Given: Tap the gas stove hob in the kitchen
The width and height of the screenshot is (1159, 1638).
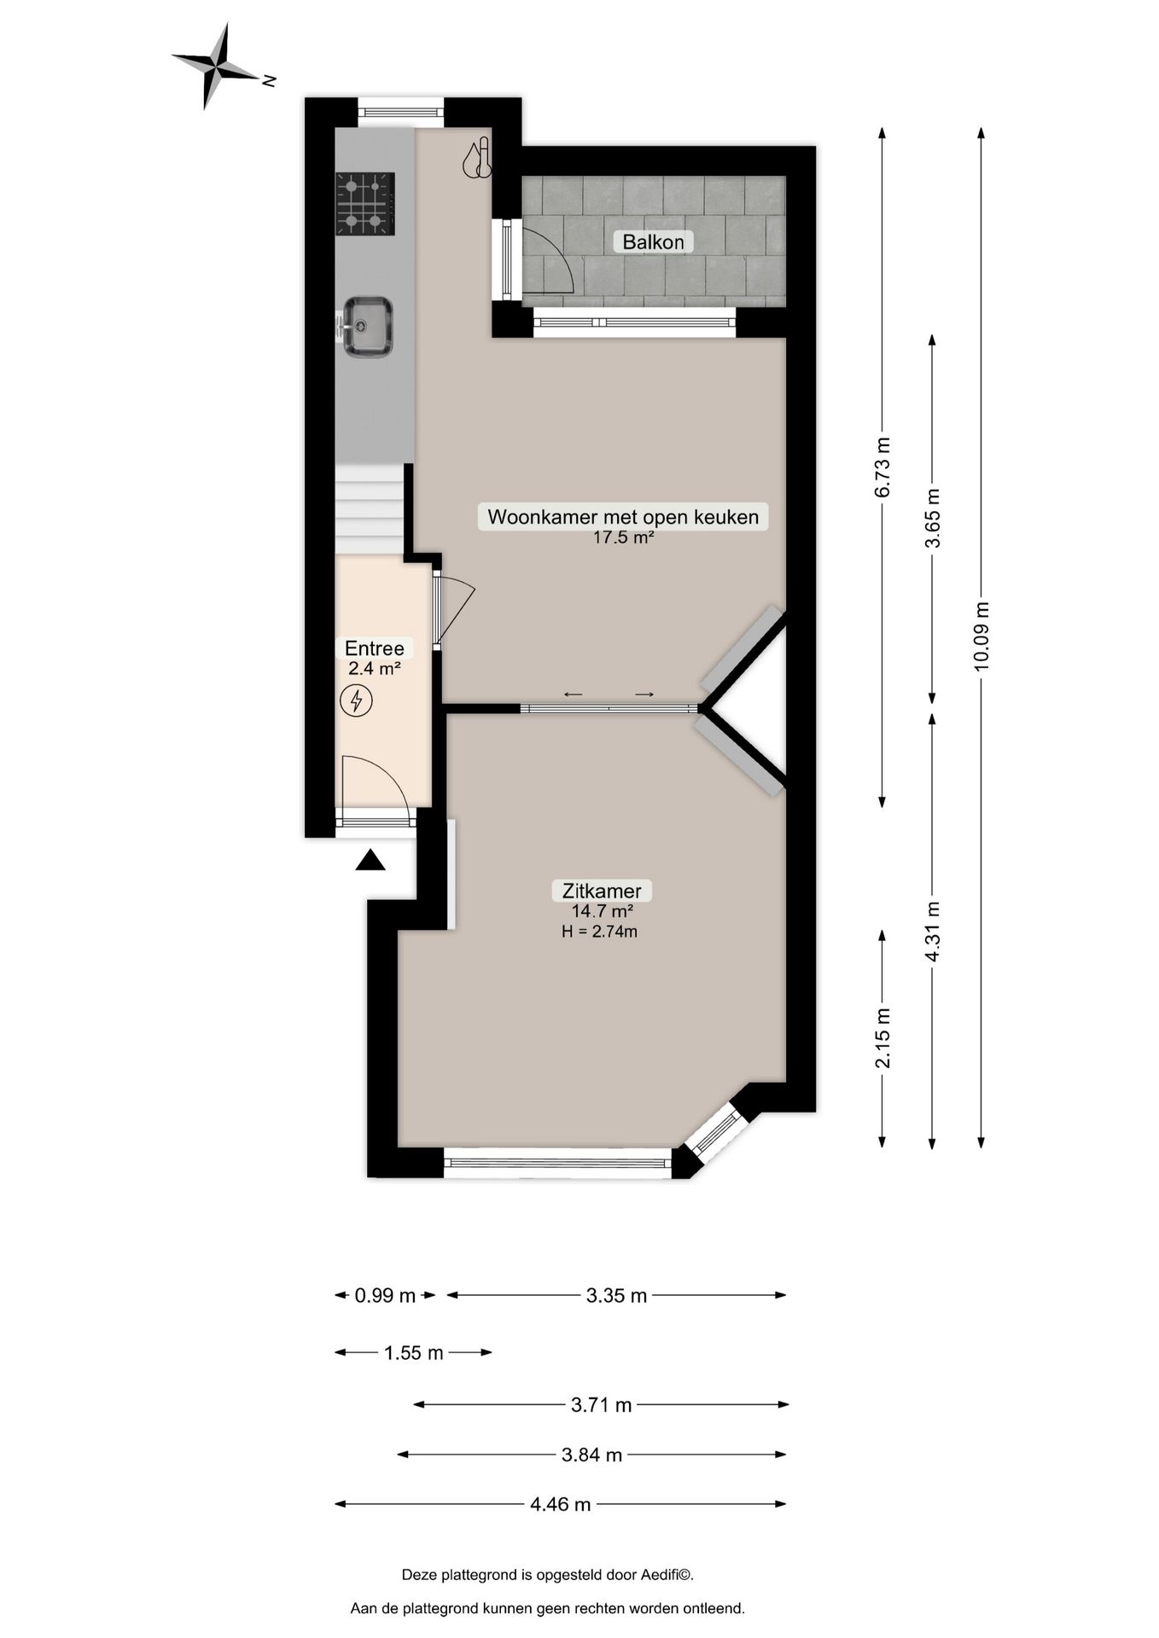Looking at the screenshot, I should click(365, 203).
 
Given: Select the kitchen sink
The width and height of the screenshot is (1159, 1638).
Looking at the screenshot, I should click(367, 326).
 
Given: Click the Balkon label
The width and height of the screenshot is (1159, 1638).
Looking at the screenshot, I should click(653, 242).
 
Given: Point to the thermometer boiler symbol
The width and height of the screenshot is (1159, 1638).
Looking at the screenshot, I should click(477, 160).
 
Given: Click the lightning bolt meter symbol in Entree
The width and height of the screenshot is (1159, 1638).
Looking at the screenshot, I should click(356, 701).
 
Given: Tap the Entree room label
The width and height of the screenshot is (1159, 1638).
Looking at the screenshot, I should click(374, 648).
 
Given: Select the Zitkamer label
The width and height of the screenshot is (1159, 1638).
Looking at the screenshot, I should click(601, 891).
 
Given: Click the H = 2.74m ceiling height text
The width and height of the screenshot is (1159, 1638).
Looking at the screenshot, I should click(599, 932).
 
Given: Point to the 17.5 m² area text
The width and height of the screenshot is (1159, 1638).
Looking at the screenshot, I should click(623, 537).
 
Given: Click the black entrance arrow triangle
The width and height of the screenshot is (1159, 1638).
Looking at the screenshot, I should click(370, 861).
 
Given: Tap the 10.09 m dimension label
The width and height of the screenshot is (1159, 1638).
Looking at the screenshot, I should click(981, 636).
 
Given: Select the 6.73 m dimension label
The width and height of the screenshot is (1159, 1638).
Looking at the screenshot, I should click(882, 467).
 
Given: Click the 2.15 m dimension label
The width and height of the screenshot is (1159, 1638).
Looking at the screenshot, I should click(882, 1037).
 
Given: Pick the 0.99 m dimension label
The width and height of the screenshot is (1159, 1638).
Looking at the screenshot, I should click(385, 1296).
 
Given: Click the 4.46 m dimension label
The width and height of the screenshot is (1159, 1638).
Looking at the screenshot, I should click(560, 1504).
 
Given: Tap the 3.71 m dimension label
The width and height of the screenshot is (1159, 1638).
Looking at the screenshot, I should click(601, 1404).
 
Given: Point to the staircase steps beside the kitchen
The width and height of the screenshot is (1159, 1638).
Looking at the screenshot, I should click(369, 510).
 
